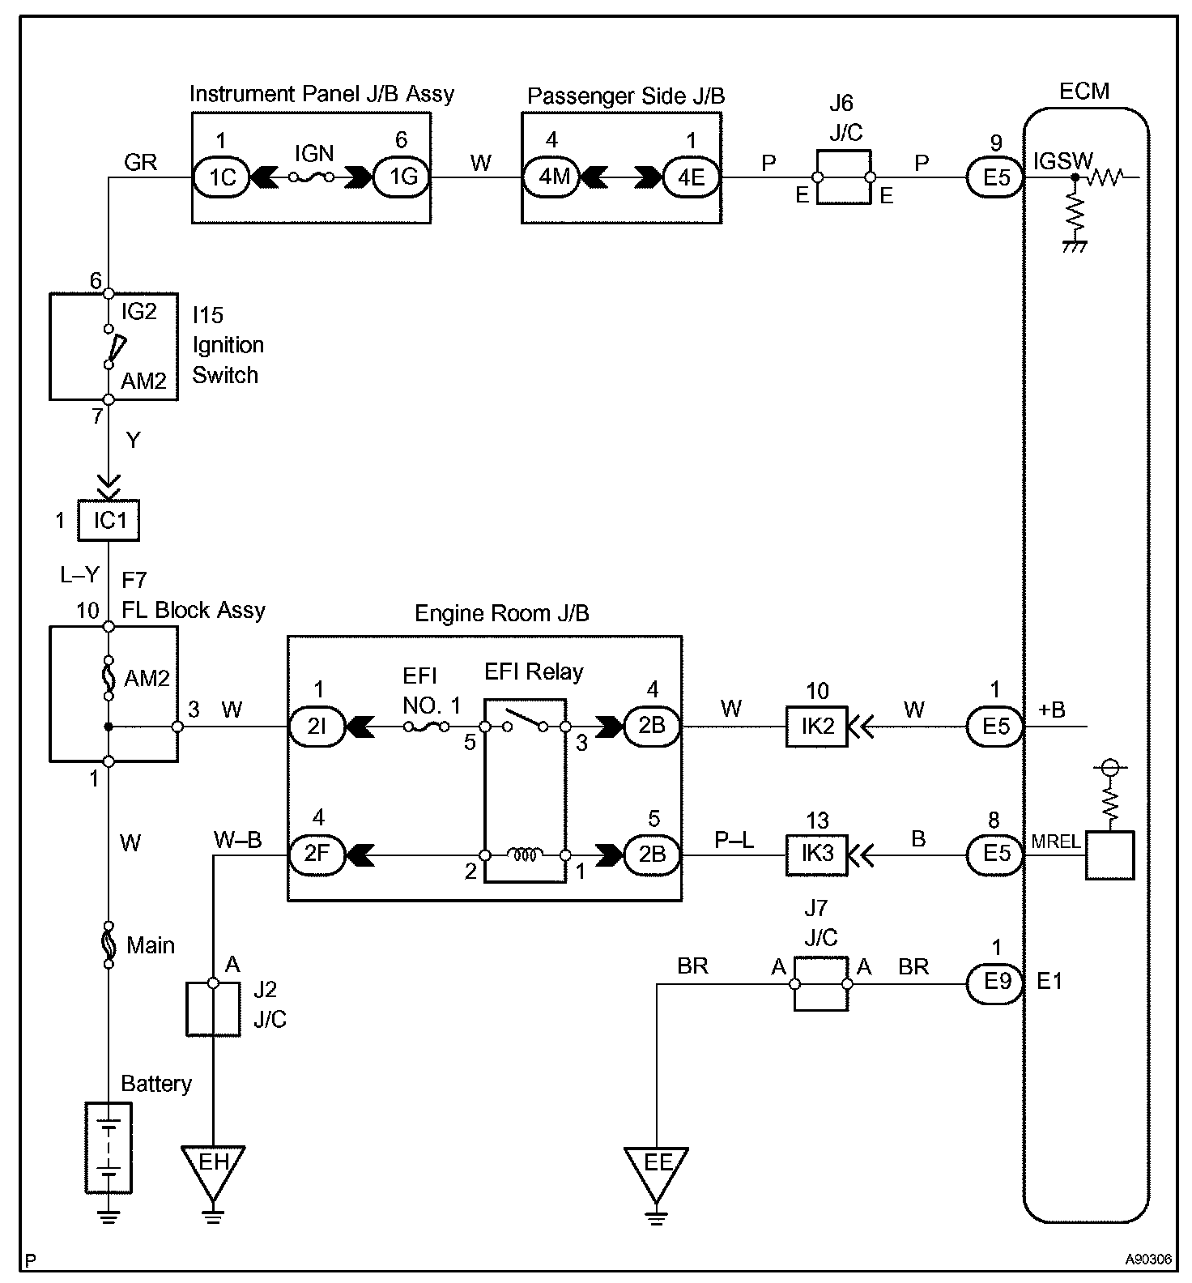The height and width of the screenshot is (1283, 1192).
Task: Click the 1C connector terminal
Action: (x=222, y=177)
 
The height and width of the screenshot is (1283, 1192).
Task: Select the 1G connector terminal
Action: (x=402, y=177)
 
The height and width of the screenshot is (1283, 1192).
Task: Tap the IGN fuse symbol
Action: (x=312, y=176)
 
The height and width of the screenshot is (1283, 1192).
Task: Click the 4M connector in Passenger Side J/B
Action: (x=552, y=177)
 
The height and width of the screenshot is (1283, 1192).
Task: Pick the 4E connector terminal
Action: (x=691, y=177)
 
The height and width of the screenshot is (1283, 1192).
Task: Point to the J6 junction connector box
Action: (x=844, y=177)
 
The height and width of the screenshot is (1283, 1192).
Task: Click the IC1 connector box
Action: (x=109, y=520)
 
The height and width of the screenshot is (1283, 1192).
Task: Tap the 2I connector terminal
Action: (x=317, y=727)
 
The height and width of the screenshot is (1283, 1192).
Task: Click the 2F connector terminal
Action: (x=317, y=855)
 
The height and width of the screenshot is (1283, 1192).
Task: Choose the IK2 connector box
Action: (x=817, y=727)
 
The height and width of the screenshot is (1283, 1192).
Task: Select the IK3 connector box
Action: (x=817, y=855)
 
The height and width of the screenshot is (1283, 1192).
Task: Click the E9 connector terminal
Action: (x=996, y=983)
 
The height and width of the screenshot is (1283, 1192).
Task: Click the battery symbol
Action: (x=109, y=1146)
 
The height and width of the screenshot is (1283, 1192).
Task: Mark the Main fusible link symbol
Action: (x=108, y=945)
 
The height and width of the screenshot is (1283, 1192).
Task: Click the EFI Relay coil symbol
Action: (x=525, y=854)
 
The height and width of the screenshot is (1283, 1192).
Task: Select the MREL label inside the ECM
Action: (x=1055, y=842)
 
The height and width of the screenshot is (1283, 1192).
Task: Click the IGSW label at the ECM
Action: (x=1062, y=162)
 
